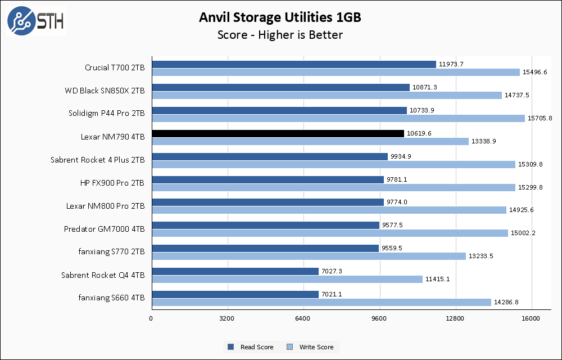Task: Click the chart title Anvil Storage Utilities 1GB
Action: [x=280, y=17]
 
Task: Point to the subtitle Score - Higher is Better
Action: [x=280, y=35]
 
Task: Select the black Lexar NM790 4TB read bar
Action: [x=278, y=133]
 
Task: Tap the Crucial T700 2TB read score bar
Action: [x=293, y=64]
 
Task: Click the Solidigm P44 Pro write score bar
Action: [x=338, y=118]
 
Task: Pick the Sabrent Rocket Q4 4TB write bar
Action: [x=287, y=280]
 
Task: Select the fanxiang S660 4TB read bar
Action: [x=235, y=295]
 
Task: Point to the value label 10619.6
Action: [x=419, y=133]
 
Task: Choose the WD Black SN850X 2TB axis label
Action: [x=105, y=91]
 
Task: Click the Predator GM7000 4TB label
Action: [x=104, y=229]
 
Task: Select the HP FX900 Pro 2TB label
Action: [x=112, y=183]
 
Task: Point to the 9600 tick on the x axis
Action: [x=379, y=319]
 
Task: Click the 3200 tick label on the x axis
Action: [x=227, y=319]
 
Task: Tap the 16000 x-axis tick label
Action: [x=531, y=319]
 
